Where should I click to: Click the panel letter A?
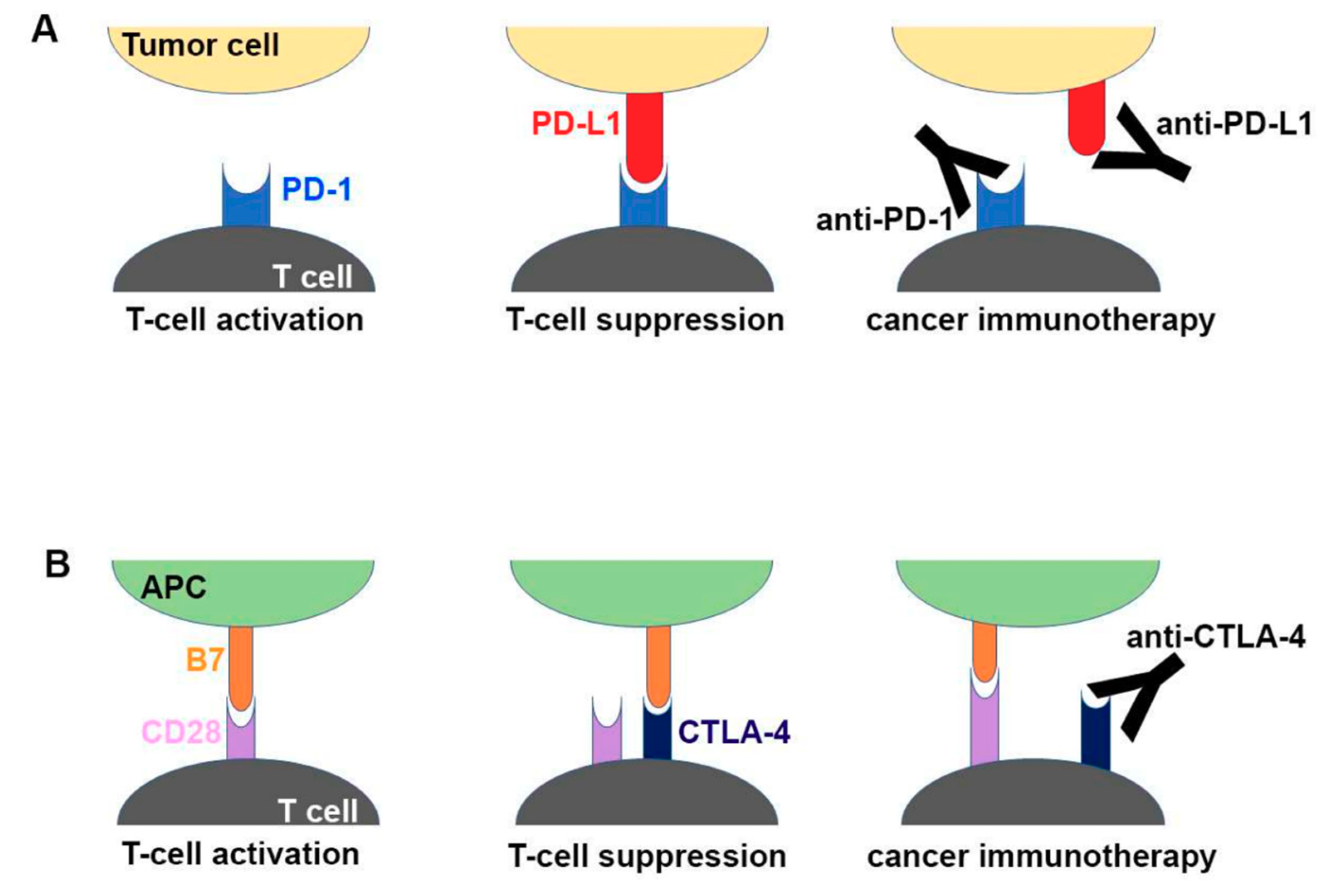click(45, 29)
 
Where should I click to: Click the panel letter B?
click(57, 564)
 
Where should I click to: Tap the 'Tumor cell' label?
click(201, 45)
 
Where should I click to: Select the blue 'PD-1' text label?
click(317, 190)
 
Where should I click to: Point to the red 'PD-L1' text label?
click(576, 123)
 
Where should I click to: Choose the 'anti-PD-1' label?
click(884, 219)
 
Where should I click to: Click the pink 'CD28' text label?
click(181, 732)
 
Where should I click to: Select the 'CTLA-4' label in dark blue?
click(734, 732)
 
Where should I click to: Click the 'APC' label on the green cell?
click(173, 588)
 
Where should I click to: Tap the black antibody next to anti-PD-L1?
click(1143, 150)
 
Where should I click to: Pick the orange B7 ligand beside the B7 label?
click(241, 668)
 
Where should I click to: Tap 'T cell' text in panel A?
click(312, 277)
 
